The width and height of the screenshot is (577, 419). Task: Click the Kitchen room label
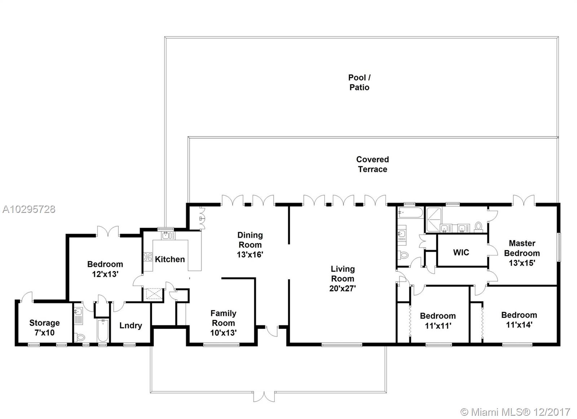(170, 259)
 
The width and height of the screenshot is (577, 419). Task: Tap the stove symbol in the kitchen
(148, 257)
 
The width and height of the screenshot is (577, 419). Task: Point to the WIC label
(461, 253)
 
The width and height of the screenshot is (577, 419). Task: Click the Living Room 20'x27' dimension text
(343, 289)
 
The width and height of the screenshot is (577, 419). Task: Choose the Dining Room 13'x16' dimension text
(250, 255)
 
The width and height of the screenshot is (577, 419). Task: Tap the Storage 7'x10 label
(45, 327)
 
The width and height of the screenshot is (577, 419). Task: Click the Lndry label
(131, 326)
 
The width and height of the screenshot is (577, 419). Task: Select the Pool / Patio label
(359, 83)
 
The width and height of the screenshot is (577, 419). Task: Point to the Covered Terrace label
(373, 164)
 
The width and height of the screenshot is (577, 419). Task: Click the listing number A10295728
(29, 210)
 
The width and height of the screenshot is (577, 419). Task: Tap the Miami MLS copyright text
(515, 412)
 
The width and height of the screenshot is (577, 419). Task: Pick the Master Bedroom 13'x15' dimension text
(522, 263)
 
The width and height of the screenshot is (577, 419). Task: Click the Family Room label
(223, 318)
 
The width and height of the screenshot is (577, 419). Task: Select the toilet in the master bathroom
(478, 227)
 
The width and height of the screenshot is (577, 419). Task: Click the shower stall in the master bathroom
(434, 219)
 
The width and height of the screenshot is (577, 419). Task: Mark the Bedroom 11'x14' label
(519, 320)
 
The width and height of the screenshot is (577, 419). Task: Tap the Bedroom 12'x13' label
(105, 269)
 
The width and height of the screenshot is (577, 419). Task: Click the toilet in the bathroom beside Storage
(79, 336)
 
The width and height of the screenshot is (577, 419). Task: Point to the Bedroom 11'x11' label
(438, 321)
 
